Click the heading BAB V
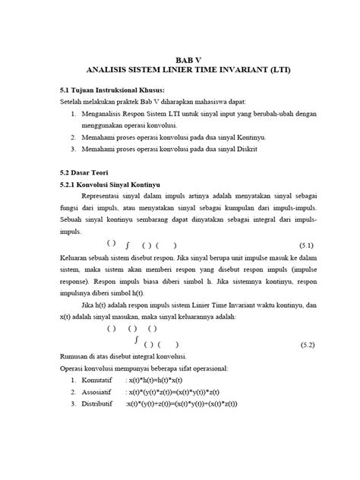[x=179, y=58]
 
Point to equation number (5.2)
[x=306, y=344]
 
